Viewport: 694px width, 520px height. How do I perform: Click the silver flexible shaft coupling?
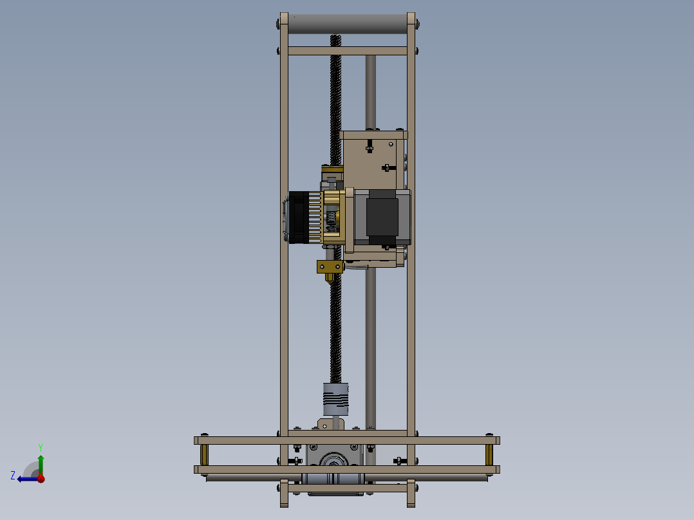335,399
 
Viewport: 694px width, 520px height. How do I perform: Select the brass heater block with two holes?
330,266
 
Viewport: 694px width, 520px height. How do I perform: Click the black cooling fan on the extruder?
297,218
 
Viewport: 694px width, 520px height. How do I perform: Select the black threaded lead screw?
335,322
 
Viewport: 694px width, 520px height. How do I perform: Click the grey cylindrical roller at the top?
348,24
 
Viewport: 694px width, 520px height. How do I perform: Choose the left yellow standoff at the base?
205,454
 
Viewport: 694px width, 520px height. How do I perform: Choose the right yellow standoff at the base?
489,454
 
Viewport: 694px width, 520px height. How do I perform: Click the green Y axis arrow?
41,462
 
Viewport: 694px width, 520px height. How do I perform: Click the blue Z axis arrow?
26,478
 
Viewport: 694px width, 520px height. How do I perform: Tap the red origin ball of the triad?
41,478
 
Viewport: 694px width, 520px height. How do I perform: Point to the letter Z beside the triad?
13,475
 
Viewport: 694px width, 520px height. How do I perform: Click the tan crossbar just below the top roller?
348,50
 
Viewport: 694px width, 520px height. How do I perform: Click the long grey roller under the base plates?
348,478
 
